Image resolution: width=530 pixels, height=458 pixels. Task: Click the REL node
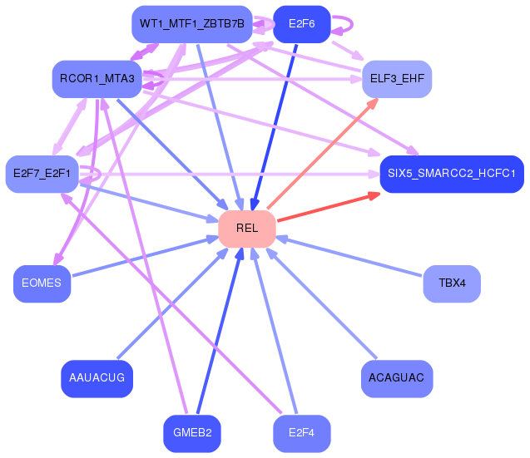pos(247,229)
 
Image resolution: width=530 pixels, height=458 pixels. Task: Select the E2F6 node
pos(302,24)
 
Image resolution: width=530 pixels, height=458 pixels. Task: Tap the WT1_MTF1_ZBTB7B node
pos(192,24)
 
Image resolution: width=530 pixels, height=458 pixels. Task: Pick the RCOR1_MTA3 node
pos(97,79)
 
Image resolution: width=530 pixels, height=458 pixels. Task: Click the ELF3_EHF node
pos(397,79)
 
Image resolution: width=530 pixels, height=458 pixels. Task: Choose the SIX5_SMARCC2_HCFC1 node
pos(452,174)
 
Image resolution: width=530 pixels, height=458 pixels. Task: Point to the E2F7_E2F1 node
pos(42,174)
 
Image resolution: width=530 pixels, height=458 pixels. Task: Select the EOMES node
pos(42,283)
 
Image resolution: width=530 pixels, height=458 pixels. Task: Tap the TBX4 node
pos(452,283)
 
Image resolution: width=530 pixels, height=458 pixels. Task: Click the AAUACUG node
pos(97,378)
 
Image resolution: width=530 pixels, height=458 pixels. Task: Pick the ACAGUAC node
pos(397,378)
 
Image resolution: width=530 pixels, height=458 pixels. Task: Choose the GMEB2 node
pos(192,433)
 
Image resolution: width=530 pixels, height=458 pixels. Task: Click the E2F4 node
pos(302,433)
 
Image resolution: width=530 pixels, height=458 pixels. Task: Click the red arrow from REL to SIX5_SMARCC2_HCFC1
pos(329,207)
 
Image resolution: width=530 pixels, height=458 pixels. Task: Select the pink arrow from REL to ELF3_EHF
pos(323,154)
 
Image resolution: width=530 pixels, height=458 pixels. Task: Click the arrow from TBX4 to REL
pos(349,256)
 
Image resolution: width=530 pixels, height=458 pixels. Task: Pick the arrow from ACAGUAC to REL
pos(321,303)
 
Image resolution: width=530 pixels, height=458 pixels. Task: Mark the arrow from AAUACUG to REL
pos(173,303)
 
